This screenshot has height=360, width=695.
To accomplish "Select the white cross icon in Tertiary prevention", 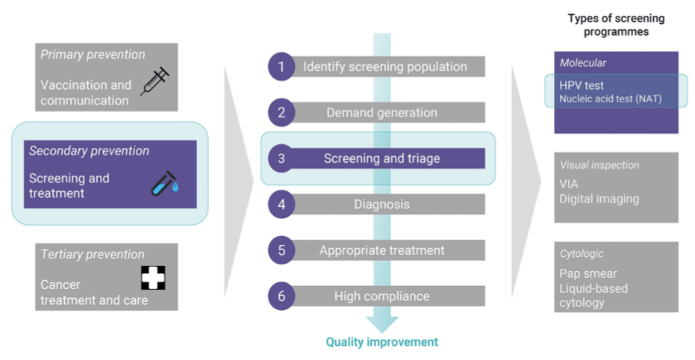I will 153,277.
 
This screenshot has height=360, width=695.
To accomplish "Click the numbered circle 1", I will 281,66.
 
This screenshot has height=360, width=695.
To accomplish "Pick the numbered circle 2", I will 281,113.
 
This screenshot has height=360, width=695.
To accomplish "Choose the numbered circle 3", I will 281,158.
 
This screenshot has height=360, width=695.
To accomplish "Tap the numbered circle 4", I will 281,204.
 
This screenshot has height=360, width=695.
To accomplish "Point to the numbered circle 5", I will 281,250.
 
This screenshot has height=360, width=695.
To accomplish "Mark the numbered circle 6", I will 281,296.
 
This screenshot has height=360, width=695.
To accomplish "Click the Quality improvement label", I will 381,342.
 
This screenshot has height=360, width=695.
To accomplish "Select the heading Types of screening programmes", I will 616,25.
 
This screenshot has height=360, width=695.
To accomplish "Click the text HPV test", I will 582,86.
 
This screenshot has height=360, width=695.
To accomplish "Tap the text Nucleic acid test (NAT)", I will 610,99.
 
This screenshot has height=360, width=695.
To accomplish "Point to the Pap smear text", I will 588,273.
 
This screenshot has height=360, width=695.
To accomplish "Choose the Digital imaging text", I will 599,199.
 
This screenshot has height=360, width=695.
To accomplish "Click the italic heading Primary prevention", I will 93,55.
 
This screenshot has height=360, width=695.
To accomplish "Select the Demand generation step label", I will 381,113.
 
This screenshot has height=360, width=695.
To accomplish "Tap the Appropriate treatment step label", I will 381,250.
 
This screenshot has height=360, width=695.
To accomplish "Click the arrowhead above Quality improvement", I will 381,324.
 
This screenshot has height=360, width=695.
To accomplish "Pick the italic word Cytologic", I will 582,254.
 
